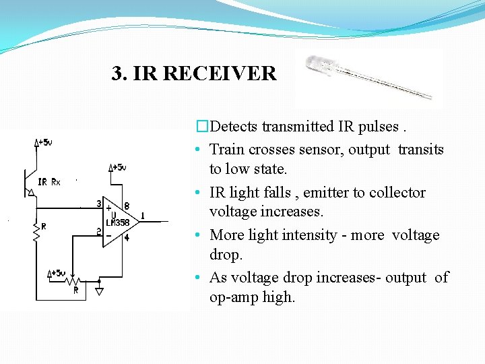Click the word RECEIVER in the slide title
pyautogui.click(x=220, y=73)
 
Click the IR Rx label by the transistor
pyautogui.click(x=49, y=182)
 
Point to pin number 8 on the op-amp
pyautogui.click(x=127, y=206)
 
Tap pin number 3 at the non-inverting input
pyautogui.click(x=98, y=204)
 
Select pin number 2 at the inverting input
pyautogui.click(x=98, y=232)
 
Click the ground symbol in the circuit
pyautogui.click(x=99, y=291)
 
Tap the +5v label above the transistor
pyautogui.click(x=44, y=142)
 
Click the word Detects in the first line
pyautogui.click(x=234, y=127)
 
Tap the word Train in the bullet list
pyautogui.click(x=227, y=149)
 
